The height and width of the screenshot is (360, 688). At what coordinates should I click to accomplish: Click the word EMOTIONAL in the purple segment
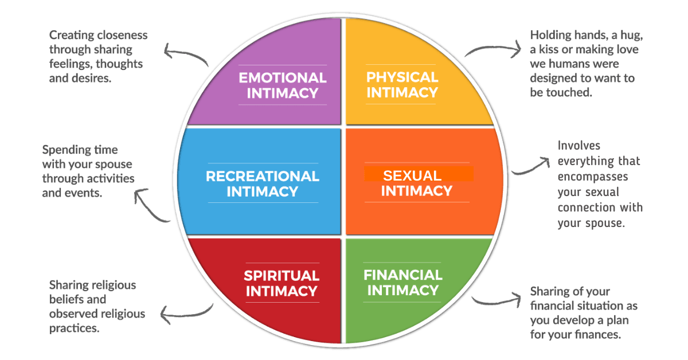tap(282, 78)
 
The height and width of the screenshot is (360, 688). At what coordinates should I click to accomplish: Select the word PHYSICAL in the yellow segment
tap(402, 77)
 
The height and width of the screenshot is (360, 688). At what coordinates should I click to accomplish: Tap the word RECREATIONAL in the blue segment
tap(262, 176)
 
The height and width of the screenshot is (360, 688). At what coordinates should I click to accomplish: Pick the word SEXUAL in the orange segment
tap(412, 175)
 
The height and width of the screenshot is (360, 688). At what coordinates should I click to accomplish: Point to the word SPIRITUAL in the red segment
tap(282, 276)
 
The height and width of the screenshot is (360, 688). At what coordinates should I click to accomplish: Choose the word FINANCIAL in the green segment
tap(402, 275)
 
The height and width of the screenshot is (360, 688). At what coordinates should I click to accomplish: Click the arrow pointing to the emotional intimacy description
tap(185, 53)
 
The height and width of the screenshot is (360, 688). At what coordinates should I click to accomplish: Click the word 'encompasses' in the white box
tap(592, 177)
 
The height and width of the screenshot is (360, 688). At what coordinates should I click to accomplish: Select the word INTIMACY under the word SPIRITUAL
tap(282, 291)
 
